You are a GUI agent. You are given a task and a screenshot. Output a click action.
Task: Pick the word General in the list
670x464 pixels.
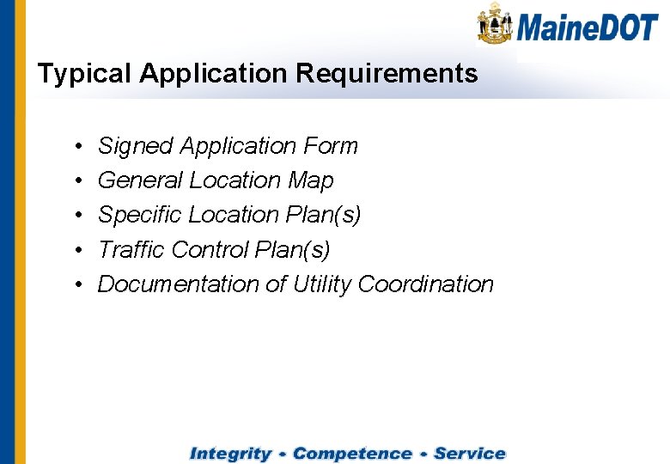(141, 180)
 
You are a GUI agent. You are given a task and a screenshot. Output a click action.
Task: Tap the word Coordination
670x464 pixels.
(425, 284)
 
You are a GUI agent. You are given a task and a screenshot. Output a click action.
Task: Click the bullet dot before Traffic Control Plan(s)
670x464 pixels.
(77, 250)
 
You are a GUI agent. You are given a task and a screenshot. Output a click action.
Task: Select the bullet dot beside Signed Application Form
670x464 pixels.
(77, 147)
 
